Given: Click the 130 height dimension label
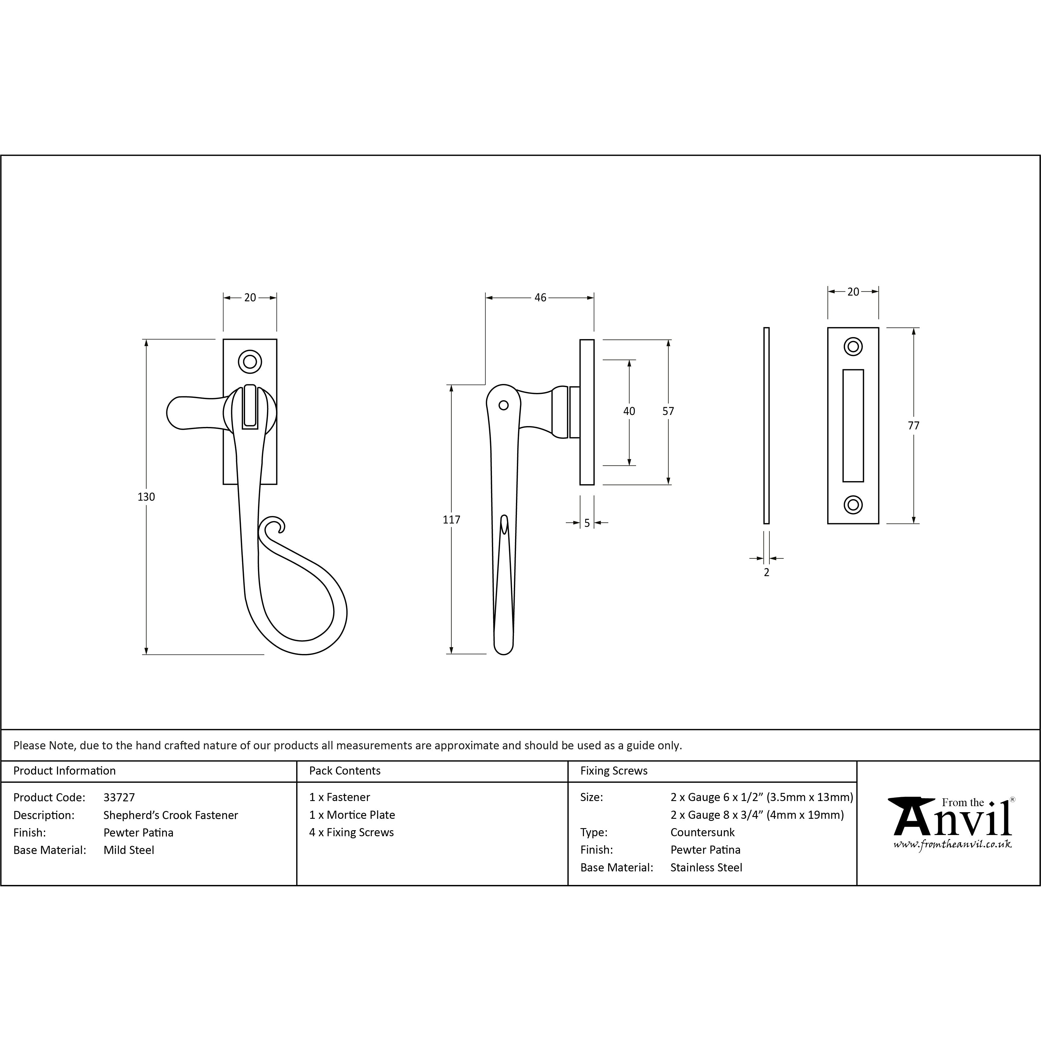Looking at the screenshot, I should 146,497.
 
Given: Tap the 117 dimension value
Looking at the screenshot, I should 452,520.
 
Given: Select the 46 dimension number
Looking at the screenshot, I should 540,297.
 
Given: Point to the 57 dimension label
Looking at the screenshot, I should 668,411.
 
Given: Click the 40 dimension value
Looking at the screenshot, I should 629,411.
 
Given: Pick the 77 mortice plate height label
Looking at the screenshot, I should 913,426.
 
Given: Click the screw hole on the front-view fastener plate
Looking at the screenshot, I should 250,361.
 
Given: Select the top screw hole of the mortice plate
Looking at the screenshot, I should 853,346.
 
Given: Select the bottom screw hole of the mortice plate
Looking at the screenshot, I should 853,505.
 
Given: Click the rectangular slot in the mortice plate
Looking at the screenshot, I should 853,426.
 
